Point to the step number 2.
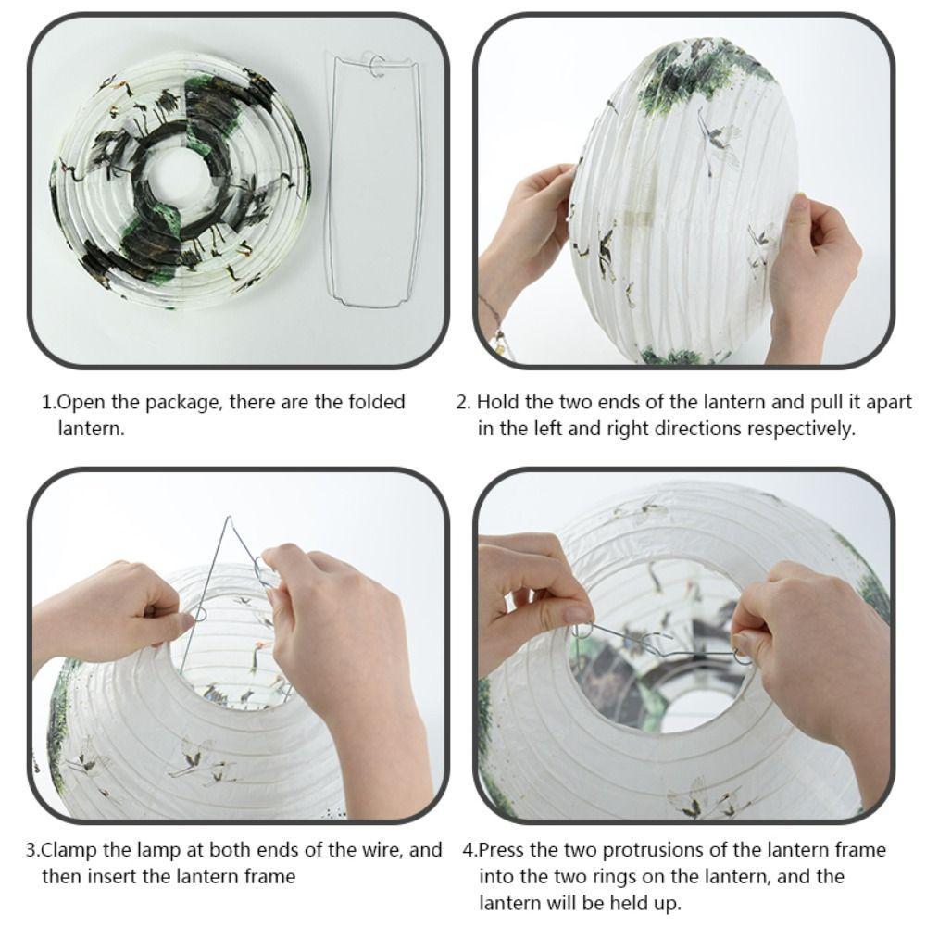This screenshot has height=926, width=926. [x=462, y=403]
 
